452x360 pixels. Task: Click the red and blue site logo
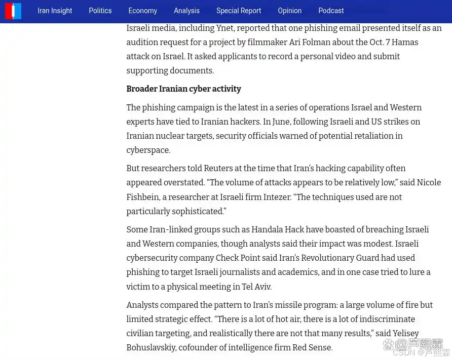coord(13,11)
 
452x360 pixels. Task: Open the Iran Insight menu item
coord(55,11)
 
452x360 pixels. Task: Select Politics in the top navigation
coord(100,11)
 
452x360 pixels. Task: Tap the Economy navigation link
coord(142,11)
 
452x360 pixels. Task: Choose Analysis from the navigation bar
coord(186,11)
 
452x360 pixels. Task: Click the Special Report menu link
coord(239,11)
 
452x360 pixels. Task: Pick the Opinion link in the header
coord(289,11)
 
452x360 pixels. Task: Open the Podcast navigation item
coord(331,11)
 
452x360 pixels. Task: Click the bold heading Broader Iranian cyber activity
coord(183,89)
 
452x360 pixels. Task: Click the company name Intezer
coord(277,197)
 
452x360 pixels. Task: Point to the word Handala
coord(271,230)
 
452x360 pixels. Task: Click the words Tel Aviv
coord(256,287)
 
